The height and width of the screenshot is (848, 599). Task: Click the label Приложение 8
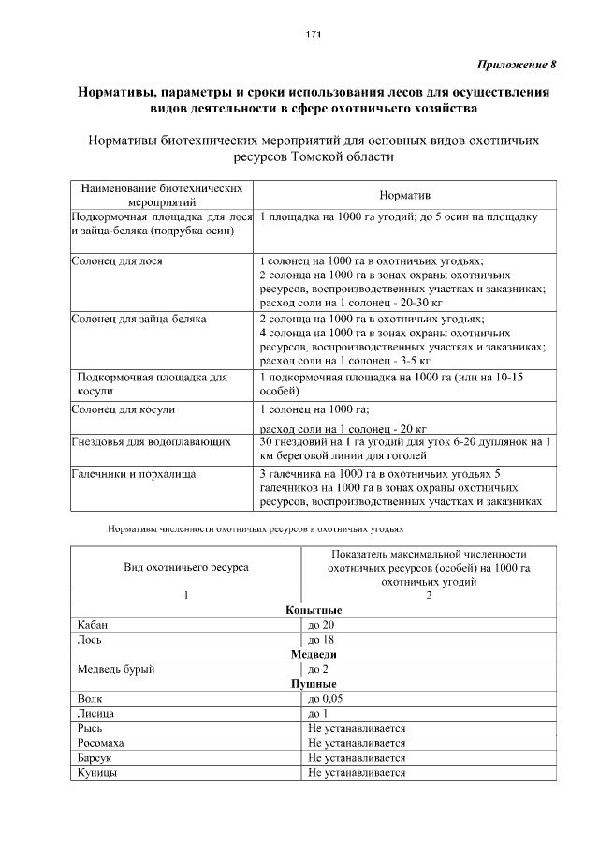(517, 66)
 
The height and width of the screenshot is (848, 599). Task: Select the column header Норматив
(404, 195)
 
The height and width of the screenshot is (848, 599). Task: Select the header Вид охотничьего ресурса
(186, 568)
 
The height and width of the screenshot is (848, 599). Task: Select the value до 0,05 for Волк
(327, 699)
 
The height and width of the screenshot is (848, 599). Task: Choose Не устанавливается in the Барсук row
(357, 758)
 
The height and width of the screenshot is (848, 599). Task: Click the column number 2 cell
(430, 595)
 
